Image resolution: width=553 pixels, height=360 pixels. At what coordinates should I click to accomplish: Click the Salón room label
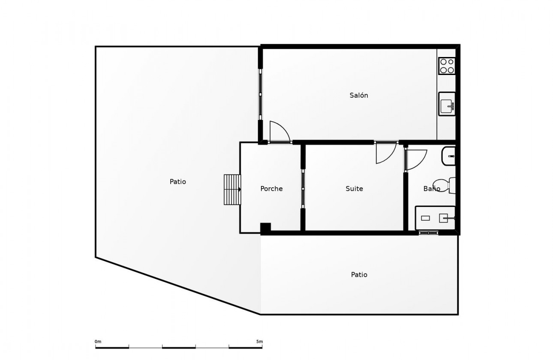pyautogui.click(x=359, y=96)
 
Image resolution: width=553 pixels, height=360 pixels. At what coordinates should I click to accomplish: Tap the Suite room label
pyautogui.click(x=354, y=189)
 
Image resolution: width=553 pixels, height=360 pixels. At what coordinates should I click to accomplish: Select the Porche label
pyautogui.click(x=271, y=189)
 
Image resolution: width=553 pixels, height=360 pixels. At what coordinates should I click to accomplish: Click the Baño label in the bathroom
pyautogui.click(x=431, y=189)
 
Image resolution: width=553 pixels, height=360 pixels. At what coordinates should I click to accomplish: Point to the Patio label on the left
pyautogui.click(x=177, y=182)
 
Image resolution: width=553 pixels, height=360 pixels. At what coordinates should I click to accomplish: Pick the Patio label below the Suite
pyautogui.click(x=359, y=275)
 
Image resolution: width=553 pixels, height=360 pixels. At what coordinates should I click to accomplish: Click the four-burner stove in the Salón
pyautogui.click(x=447, y=66)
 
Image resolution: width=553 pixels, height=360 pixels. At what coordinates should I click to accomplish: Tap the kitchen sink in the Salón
pyautogui.click(x=447, y=104)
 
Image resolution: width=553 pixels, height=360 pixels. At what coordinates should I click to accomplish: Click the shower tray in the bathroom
pyautogui.click(x=435, y=218)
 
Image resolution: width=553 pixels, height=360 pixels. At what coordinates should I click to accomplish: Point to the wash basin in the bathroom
pyautogui.click(x=449, y=156)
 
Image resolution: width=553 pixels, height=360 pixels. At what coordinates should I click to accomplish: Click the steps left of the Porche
pyautogui.click(x=232, y=189)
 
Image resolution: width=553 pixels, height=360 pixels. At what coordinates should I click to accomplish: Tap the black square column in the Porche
pyautogui.click(x=265, y=228)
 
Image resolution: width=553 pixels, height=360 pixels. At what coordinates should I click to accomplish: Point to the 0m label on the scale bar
pyautogui.click(x=98, y=342)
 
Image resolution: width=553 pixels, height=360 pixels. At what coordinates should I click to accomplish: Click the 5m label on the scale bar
pyautogui.click(x=259, y=342)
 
